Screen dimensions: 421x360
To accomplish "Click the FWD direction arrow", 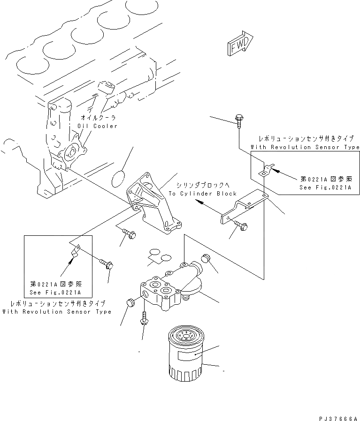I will coord(240,43).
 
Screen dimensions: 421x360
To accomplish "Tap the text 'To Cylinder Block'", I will coord(203,193).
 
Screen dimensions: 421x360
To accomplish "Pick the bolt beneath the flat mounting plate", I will coord(241,227).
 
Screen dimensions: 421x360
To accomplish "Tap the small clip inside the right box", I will coord(265,169).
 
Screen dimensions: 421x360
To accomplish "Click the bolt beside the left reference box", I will coord(106,264).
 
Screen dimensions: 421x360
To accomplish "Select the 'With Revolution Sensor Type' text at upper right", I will coord(305,147).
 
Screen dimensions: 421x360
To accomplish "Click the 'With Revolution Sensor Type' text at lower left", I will coord(57,312).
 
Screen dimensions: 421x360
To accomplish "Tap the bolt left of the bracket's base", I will coord(128,232).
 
